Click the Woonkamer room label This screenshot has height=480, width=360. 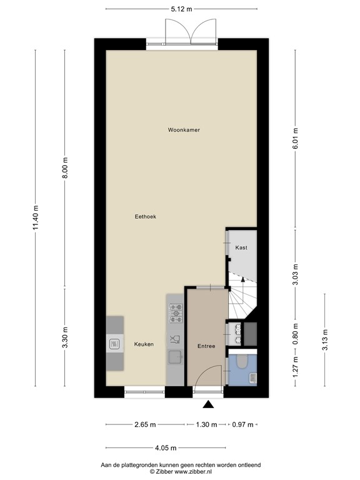pyautogui.click(x=184, y=130)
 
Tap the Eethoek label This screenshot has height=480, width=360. pyautogui.click(x=145, y=217)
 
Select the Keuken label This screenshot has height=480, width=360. pyautogui.click(x=144, y=344)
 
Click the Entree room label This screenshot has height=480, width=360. pyautogui.click(x=206, y=346)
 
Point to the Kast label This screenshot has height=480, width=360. pyautogui.click(x=241, y=248)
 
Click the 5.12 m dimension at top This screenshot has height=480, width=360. pyautogui.click(x=181, y=9)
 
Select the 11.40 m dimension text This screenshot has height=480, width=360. pyautogui.click(x=36, y=218)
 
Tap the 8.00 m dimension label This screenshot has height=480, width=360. pyautogui.click(x=65, y=168)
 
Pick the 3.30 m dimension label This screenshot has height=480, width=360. pyautogui.click(x=65, y=338)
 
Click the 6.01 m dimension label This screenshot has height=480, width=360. pyautogui.click(x=296, y=136)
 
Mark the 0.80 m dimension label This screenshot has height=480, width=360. pyautogui.click(x=296, y=333)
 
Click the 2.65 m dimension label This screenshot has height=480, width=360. pyautogui.click(x=145, y=425)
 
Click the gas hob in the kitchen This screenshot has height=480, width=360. pyautogui.click(x=176, y=312)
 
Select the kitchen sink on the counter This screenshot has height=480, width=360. pyautogui.click(x=175, y=357)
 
